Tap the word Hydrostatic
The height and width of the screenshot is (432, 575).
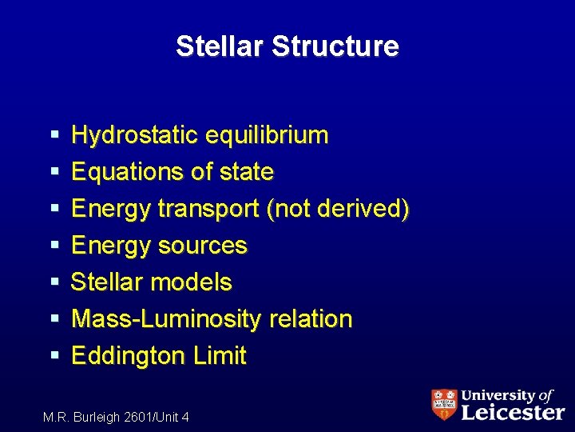coord(134,135)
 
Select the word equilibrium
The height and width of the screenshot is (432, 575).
coord(266,135)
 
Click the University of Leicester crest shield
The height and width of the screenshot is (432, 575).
coord(444,405)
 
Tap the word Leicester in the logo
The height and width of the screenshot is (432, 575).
coord(513,412)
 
